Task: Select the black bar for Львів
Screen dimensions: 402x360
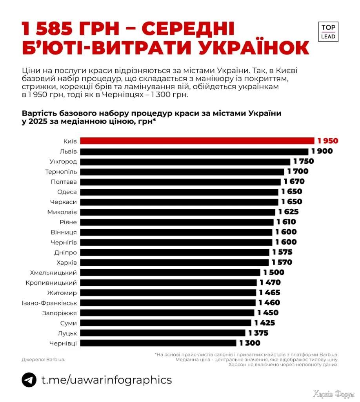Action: point(194,151)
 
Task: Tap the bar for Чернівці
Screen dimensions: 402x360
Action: point(158,343)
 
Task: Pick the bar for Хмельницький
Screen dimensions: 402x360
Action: point(170,272)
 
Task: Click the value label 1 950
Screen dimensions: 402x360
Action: point(328,141)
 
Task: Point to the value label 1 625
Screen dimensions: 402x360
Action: point(289,212)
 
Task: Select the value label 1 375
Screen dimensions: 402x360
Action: point(258,333)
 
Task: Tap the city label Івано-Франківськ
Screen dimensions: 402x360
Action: point(50,303)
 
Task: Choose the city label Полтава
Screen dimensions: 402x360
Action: point(64,182)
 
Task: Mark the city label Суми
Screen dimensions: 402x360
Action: point(69,323)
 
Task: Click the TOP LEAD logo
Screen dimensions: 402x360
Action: point(328,31)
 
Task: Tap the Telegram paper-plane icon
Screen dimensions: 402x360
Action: point(29,380)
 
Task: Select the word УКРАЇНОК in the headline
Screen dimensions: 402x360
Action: point(247,48)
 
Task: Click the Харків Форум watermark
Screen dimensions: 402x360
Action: point(333,394)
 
